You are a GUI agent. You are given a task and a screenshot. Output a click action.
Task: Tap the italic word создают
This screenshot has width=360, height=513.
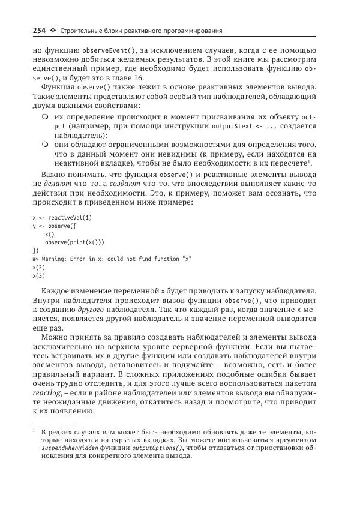(98, 184)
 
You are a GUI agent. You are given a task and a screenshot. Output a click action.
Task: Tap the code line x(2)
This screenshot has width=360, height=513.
(38, 267)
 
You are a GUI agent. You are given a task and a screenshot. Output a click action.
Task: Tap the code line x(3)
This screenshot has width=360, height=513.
(38, 275)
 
